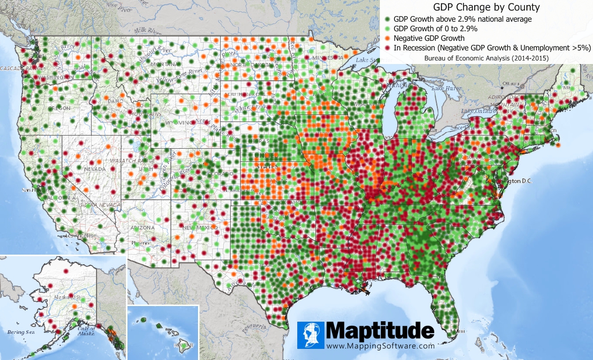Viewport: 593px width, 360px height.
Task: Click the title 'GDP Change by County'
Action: pos(487,8)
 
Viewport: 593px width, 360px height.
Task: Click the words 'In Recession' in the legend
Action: pos(415,48)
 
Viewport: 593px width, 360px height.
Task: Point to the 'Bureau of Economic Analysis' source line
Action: pos(487,58)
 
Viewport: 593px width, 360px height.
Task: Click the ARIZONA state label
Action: pos(142,228)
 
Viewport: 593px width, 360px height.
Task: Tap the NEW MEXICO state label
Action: pos(194,227)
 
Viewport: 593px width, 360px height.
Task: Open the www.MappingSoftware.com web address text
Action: pos(380,346)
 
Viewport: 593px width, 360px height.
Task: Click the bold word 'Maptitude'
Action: pos(380,331)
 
